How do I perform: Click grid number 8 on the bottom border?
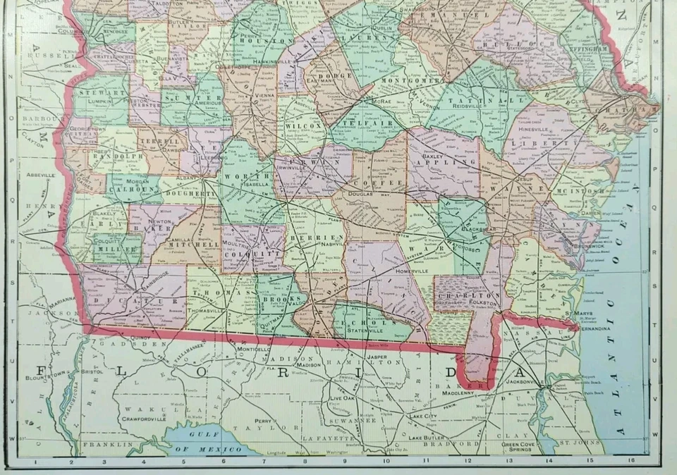click(x=305, y=462)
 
